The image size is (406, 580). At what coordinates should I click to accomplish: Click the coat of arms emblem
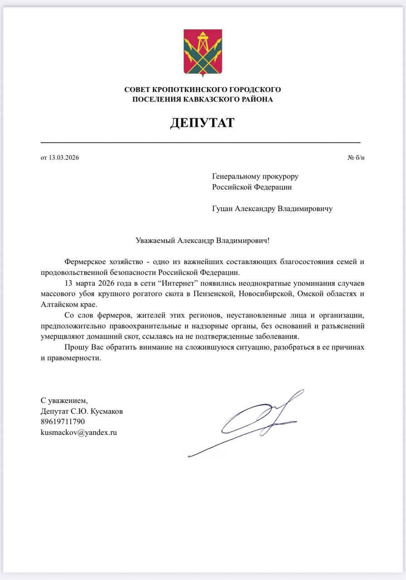203,52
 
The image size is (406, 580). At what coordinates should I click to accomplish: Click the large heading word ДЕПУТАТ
202,122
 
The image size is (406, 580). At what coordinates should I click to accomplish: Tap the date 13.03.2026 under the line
63,158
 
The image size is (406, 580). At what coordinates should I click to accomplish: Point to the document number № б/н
356,158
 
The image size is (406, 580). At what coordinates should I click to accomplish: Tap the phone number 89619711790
63,422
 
